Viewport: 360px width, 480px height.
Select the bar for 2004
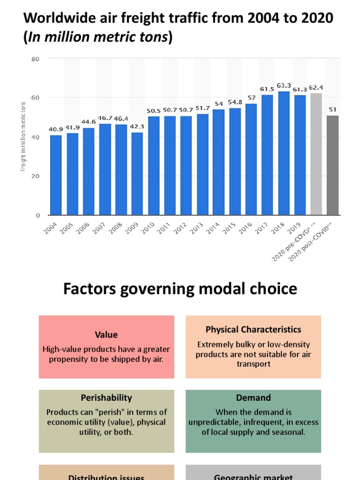click(x=56, y=175)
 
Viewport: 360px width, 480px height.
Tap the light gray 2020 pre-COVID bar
click(x=316, y=154)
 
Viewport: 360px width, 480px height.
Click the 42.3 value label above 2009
click(x=137, y=126)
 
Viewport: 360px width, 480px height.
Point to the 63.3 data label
click(x=284, y=85)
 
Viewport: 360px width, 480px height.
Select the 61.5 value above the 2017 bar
click(x=267, y=89)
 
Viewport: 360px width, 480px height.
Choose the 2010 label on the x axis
click(x=148, y=229)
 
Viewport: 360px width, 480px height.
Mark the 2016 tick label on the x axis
click(x=246, y=229)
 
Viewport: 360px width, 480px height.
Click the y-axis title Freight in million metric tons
click(x=22, y=136)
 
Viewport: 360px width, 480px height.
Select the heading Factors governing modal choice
click(x=180, y=289)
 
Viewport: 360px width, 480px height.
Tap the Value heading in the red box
click(x=106, y=335)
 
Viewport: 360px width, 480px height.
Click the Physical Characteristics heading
click(x=253, y=330)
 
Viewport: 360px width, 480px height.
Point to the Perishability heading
click(x=106, y=397)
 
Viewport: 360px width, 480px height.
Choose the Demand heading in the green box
click(x=253, y=397)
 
